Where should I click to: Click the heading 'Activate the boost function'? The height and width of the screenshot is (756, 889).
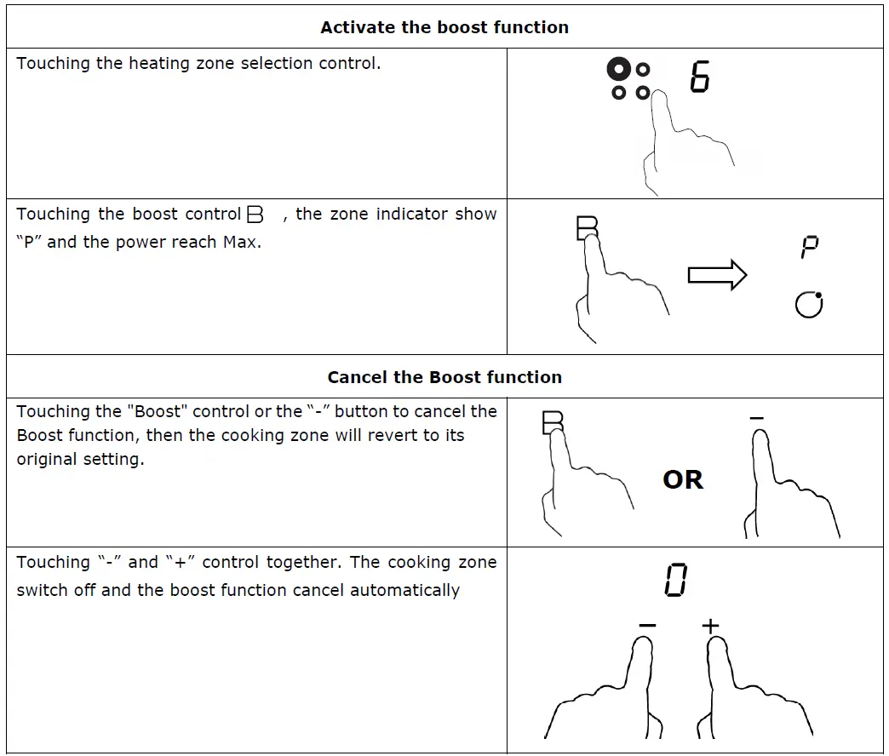pos(444,27)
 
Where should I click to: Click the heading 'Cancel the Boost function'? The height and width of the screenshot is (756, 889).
pos(444,377)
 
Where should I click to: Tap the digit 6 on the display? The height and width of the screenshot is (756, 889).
pos(699,77)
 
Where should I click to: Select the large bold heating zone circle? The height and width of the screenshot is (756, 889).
pos(620,69)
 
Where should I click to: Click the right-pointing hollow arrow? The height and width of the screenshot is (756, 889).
pos(716,275)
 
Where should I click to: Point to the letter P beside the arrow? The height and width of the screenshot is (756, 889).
pos(809,248)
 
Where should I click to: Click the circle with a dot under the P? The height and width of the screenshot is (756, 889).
pos(809,304)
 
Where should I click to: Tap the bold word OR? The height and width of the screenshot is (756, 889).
pos(683,480)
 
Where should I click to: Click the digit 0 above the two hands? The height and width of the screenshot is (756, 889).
pos(675,581)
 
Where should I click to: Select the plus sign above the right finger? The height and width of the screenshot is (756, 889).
pos(710,627)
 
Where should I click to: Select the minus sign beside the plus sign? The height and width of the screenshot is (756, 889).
pos(647,627)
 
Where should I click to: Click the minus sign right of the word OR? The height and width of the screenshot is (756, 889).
pos(757,419)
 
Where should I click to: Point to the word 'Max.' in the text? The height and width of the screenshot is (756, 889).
pos(242,242)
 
